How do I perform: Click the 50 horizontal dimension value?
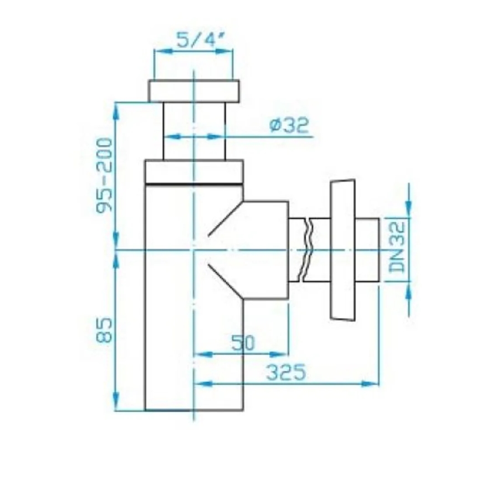pyautogui.click(x=243, y=344)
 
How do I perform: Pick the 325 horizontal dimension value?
pyautogui.click(x=286, y=373)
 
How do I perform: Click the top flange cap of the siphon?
pyautogui.click(x=194, y=91)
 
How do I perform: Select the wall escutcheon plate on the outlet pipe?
pyautogui.click(x=342, y=249)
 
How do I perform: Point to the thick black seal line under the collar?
pyautogui.click(x=194, y=183)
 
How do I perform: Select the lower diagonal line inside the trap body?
pyautogui.click(x=224, y=280)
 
